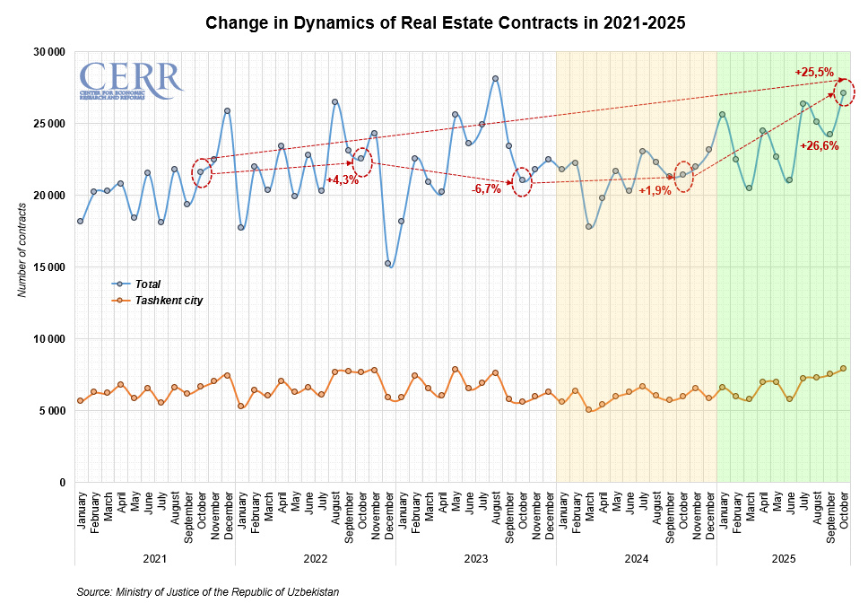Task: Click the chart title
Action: (446, 23)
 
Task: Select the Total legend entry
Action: (147, 284)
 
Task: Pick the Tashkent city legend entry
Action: (169, 301)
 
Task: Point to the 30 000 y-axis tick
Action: (48, 52)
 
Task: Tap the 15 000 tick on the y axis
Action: (48, 267)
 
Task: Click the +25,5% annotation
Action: (814, 72)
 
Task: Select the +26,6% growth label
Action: (819, 145)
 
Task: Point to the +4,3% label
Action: (342, 179)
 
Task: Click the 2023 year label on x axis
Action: (476, 559)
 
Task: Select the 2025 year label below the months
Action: (783, 559)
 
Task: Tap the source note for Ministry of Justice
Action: (208, 592)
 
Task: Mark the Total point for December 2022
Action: (387, 264)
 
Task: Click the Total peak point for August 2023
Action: (495, 79)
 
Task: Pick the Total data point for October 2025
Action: (843, 92)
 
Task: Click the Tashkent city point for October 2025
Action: (843, 369)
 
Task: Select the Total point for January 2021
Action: (80, 221)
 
